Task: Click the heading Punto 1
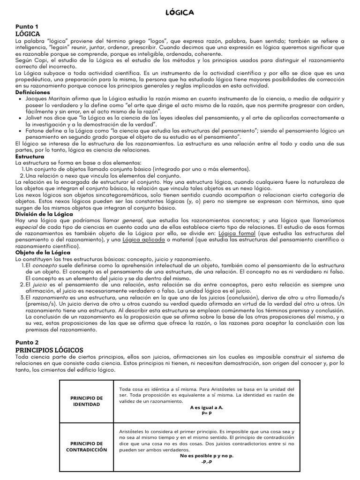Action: [27, 27]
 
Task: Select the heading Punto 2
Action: [27, 342]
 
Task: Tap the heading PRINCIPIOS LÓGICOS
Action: [49, 350]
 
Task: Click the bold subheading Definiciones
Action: [33, 92]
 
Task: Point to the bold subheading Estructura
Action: [30, 156]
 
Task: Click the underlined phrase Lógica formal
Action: [238, 233]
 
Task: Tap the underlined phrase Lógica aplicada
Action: [143, 240]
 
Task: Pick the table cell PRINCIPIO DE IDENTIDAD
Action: [86, 401]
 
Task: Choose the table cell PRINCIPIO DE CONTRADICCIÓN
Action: [86, 446]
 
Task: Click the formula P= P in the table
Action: [207, 413]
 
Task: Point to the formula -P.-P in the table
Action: [207, 462]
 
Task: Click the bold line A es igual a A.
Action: [207, 407]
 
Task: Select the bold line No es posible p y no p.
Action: [207, 456]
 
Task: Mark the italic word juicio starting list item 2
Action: [40, 284]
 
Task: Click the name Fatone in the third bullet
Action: [36, 130]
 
